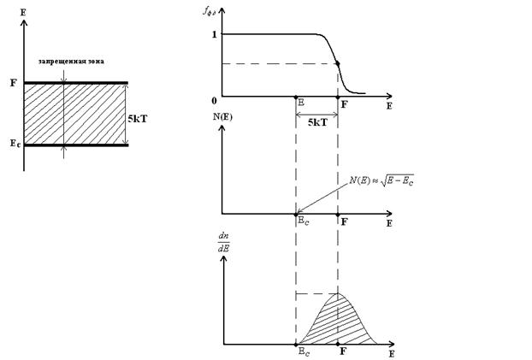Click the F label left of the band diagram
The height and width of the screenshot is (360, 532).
click(12, 84)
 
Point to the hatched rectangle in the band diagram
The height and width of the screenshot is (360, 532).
click(75, 114)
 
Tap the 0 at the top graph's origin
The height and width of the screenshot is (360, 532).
click(214, 101)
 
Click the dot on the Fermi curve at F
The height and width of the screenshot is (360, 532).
click(339, 63)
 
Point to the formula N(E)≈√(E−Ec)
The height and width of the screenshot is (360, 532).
click(387, 180)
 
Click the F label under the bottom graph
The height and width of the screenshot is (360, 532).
click(344, 351)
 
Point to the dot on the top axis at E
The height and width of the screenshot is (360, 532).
click(296, 97)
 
